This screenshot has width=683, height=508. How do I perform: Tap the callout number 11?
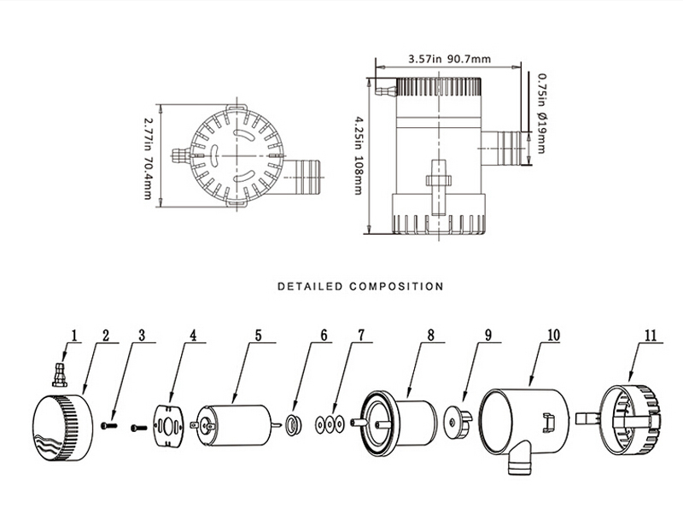coord(651,336)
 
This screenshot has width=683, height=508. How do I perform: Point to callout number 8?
coord(431,336)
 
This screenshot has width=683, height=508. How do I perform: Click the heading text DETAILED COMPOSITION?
coord(360,286)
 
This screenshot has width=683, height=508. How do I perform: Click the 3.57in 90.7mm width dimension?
coord(449,60)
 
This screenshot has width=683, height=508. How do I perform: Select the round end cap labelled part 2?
coord(60,424)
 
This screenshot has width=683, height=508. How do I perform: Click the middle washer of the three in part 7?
coord(330,423)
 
